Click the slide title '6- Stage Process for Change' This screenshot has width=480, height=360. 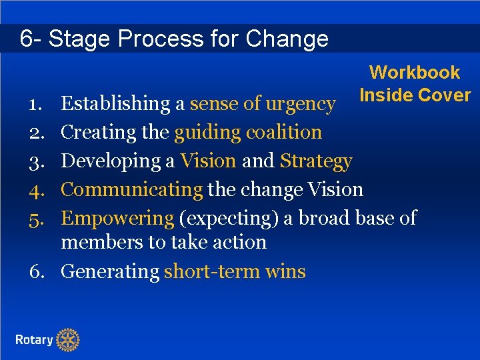(174, 39)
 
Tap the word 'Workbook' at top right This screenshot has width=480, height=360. (415, 73)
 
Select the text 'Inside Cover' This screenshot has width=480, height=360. (415, 95)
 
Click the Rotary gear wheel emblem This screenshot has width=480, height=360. (67, 340)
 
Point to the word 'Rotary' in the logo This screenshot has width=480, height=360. (34, 340)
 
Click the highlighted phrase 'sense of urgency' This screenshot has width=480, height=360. (263, 104)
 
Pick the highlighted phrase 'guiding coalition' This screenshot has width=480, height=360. (248, 133)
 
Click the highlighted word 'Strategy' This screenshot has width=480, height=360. (316, 161)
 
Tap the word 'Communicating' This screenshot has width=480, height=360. (131, 190)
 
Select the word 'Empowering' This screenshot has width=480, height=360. (117, 218)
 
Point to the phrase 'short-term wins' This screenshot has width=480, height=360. (235, 272)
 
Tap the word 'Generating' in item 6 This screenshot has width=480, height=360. (110, 272)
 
